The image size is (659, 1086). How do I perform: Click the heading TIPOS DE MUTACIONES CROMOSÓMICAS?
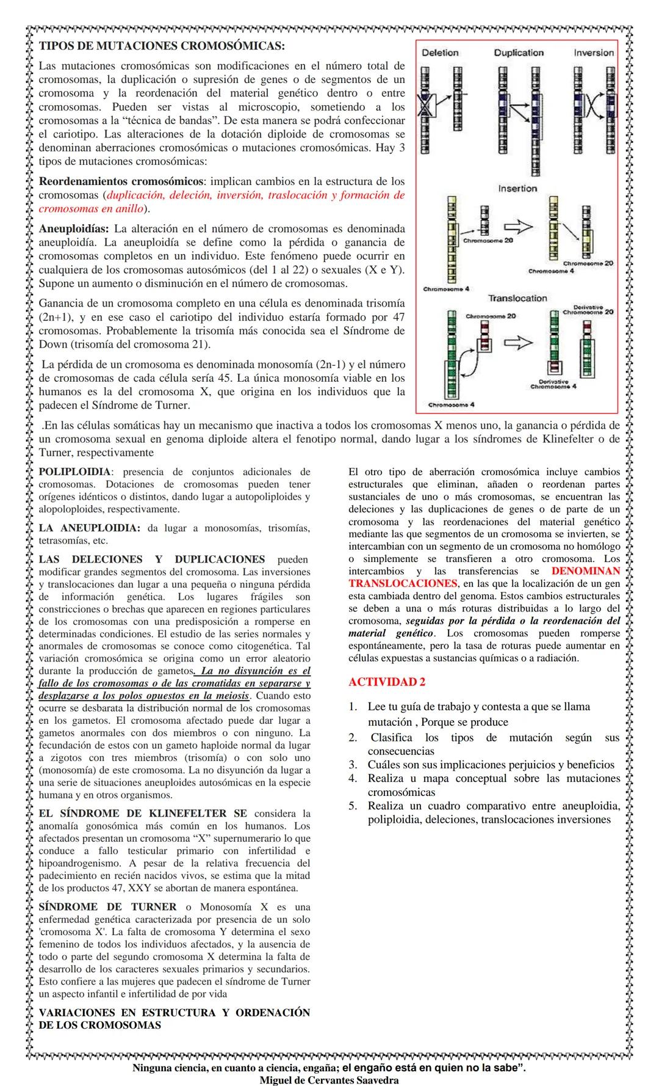[162, 46]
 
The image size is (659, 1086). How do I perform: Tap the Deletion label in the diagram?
[440, 53]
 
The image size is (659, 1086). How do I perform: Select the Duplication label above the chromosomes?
[519, 53]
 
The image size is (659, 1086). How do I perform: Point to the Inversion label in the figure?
[593, 53]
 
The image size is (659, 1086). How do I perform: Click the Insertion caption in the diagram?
[517, 189]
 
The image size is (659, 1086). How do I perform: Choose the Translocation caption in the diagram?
[517, 298]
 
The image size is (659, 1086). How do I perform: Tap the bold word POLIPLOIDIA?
[75, 472]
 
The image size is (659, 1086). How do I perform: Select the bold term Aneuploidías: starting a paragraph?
[74, 229]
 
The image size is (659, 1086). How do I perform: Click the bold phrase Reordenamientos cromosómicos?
[121, 181]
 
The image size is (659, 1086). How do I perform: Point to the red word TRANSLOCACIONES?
[403, 583]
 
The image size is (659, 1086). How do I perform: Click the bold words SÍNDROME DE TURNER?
[107, 907]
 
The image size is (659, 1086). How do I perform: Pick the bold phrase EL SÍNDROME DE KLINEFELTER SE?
[143, 814]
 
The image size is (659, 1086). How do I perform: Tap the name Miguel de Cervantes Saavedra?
[329, 1080]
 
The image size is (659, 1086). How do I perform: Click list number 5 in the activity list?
[353, 806]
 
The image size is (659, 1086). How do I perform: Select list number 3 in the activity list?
[353, 765]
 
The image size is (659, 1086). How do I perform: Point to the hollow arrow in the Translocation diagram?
[517, 343]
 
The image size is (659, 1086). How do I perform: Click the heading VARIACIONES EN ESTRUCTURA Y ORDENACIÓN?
[175, 1013]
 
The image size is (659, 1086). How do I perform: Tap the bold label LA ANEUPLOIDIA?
[90, 528]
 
